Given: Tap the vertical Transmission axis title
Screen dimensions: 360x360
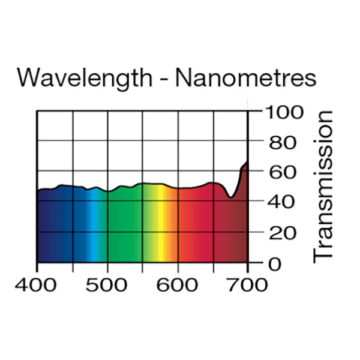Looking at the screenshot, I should (x=323, y=186).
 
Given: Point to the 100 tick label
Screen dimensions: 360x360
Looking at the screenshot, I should (x=281, y=112).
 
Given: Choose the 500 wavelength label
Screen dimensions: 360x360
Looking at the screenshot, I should (x=108, y=284).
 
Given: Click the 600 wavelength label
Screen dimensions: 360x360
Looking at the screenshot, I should (x=178, y=284).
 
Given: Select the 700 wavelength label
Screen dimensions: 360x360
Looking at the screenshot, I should (x=247, y=284).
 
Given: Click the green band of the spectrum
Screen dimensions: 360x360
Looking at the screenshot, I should (x=123, y=228).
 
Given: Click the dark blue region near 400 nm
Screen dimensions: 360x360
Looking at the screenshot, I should (x=48, y=228).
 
